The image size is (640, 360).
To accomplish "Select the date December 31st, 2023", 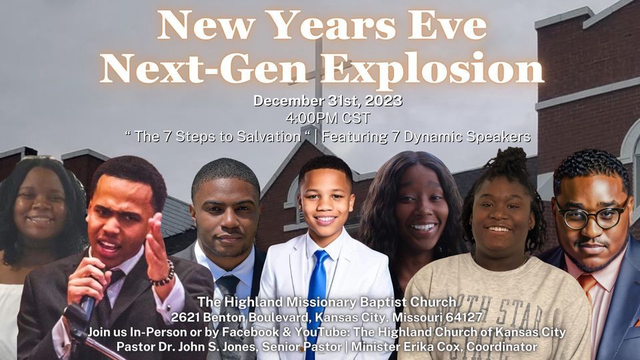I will click(x=327, y=102).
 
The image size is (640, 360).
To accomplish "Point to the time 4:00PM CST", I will click(x=327, y=119).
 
